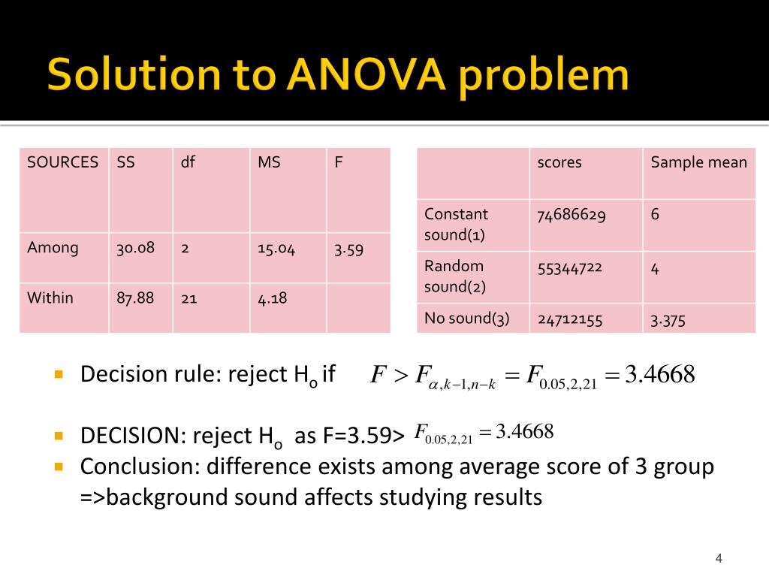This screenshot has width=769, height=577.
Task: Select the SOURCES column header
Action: click(62, 162)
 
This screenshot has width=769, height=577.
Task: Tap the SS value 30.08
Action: click(135, 247)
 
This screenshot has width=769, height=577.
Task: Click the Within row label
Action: click(50, 298)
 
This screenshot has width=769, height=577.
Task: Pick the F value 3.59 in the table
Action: click(348, 249)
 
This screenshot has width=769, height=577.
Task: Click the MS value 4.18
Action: click(272, 298)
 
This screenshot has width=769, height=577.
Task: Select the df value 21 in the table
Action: click(188, 298)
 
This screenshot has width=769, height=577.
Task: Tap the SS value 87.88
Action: click(135, 298)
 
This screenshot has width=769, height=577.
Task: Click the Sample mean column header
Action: click(698, 162)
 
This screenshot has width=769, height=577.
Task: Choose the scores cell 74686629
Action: click(571, 215)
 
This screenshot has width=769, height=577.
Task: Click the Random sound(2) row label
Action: click(454, 276)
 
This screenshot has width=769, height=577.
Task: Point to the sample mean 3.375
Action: click(668, 319)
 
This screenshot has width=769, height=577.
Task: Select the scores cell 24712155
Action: click(570, 319)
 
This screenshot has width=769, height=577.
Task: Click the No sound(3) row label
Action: click(467, 319)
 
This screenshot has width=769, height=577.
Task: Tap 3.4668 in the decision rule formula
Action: click(660, 373)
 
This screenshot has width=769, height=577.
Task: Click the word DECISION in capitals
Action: click(134, 436)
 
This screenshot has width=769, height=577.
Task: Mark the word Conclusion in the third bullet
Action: click(140, 467)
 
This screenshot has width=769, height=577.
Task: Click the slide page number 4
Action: click(719, 558)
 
